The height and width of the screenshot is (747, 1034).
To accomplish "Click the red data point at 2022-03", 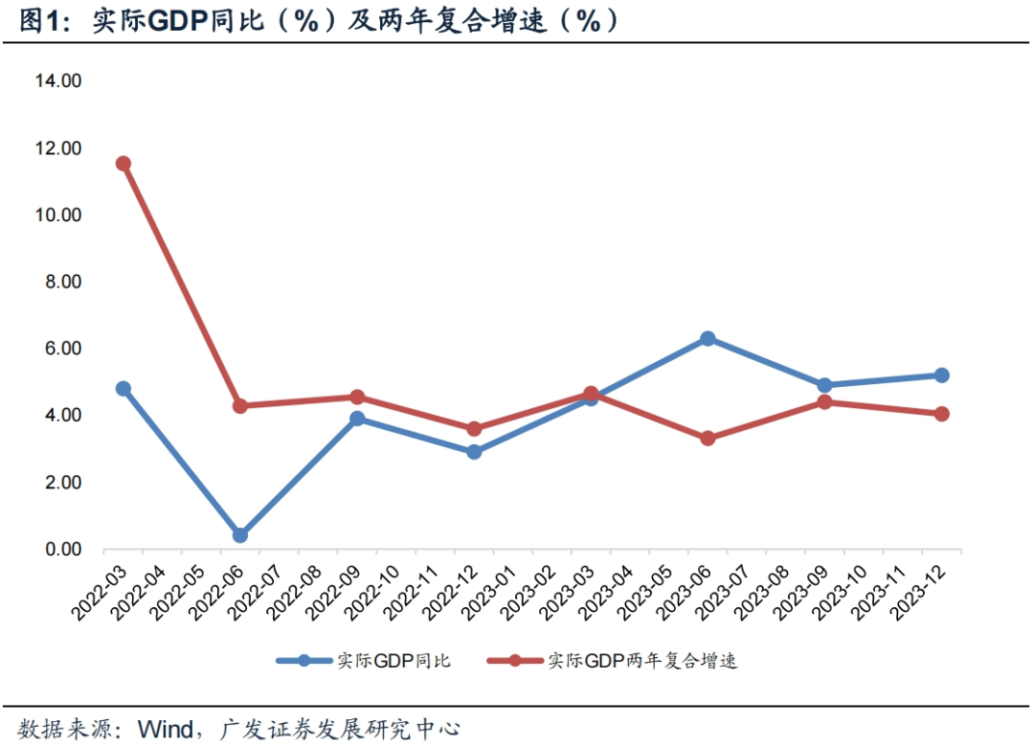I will [123, 164].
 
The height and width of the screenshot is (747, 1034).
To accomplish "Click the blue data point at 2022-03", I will [123, 389].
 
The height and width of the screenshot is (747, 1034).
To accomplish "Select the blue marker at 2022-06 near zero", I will [239, 535].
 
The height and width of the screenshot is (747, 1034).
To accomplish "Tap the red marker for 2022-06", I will [239, 406].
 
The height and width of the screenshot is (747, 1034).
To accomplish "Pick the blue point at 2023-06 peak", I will [708, 339].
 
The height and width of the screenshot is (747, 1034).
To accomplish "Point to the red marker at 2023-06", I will [708, 439].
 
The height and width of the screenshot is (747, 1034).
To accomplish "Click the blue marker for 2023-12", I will [941, 375].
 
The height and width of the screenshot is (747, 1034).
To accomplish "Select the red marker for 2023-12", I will [941, 414].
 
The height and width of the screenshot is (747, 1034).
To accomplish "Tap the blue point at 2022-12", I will [474, 452].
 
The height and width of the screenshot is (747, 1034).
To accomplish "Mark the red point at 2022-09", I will [357, 397].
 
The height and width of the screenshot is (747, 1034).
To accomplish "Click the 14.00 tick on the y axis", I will [57, 81].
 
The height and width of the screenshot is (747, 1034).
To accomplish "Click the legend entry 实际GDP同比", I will [393, 661].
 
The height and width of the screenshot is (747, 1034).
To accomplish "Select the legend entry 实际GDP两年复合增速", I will [641, 661].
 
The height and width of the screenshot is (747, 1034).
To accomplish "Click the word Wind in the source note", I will [167, 729].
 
